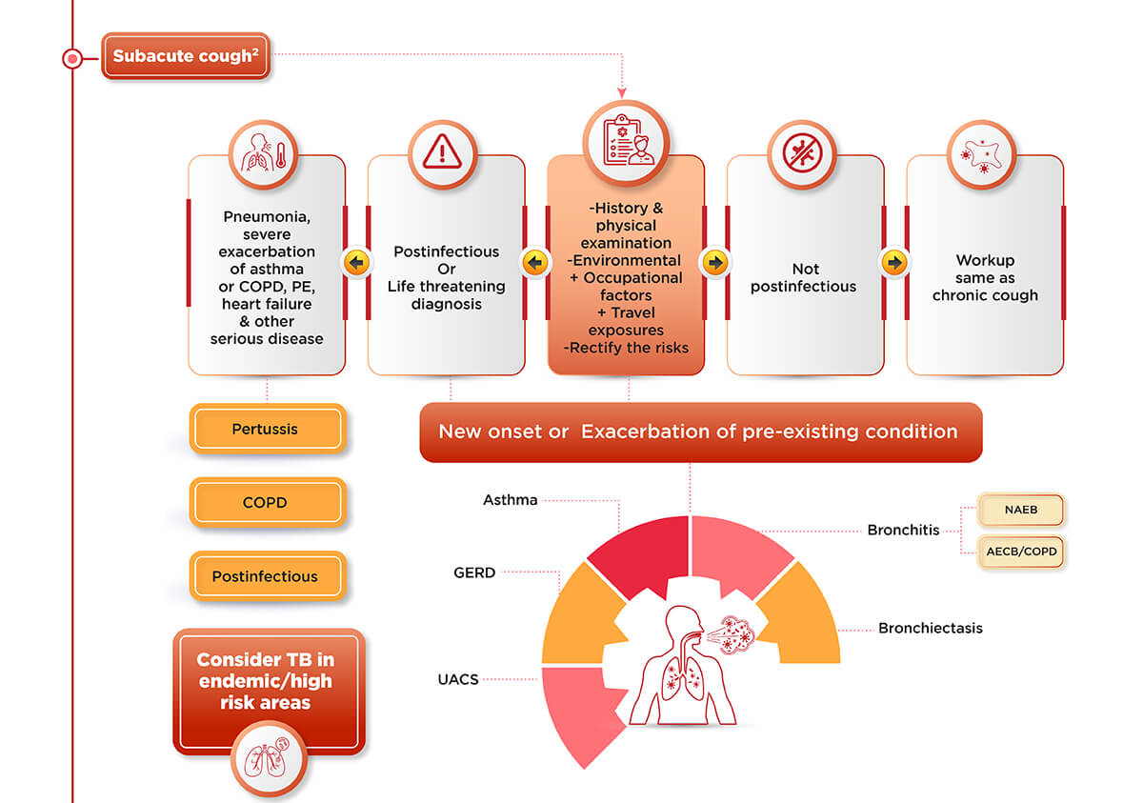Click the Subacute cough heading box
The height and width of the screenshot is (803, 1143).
186,56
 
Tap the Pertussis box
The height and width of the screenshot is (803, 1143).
266,430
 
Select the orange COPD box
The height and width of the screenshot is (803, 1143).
266,503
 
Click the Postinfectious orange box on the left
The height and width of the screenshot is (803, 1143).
266,576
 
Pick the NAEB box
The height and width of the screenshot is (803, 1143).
1020,511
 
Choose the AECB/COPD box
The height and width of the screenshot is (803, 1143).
1020,552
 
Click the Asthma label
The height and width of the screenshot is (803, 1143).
511,500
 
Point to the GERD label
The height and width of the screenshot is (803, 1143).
474,573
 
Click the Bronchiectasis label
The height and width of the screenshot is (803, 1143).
930,629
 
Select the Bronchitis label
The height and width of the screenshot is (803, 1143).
903,531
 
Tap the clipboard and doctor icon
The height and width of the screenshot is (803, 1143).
626,143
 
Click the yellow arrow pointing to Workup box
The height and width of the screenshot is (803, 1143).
894,262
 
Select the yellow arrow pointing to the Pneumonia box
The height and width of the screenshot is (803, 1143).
356,262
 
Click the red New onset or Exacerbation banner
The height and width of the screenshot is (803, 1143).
699,432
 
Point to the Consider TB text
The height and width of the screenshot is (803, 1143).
266,681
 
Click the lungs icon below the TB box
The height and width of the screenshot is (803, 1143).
270,757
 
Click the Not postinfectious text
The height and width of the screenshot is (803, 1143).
804,278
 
